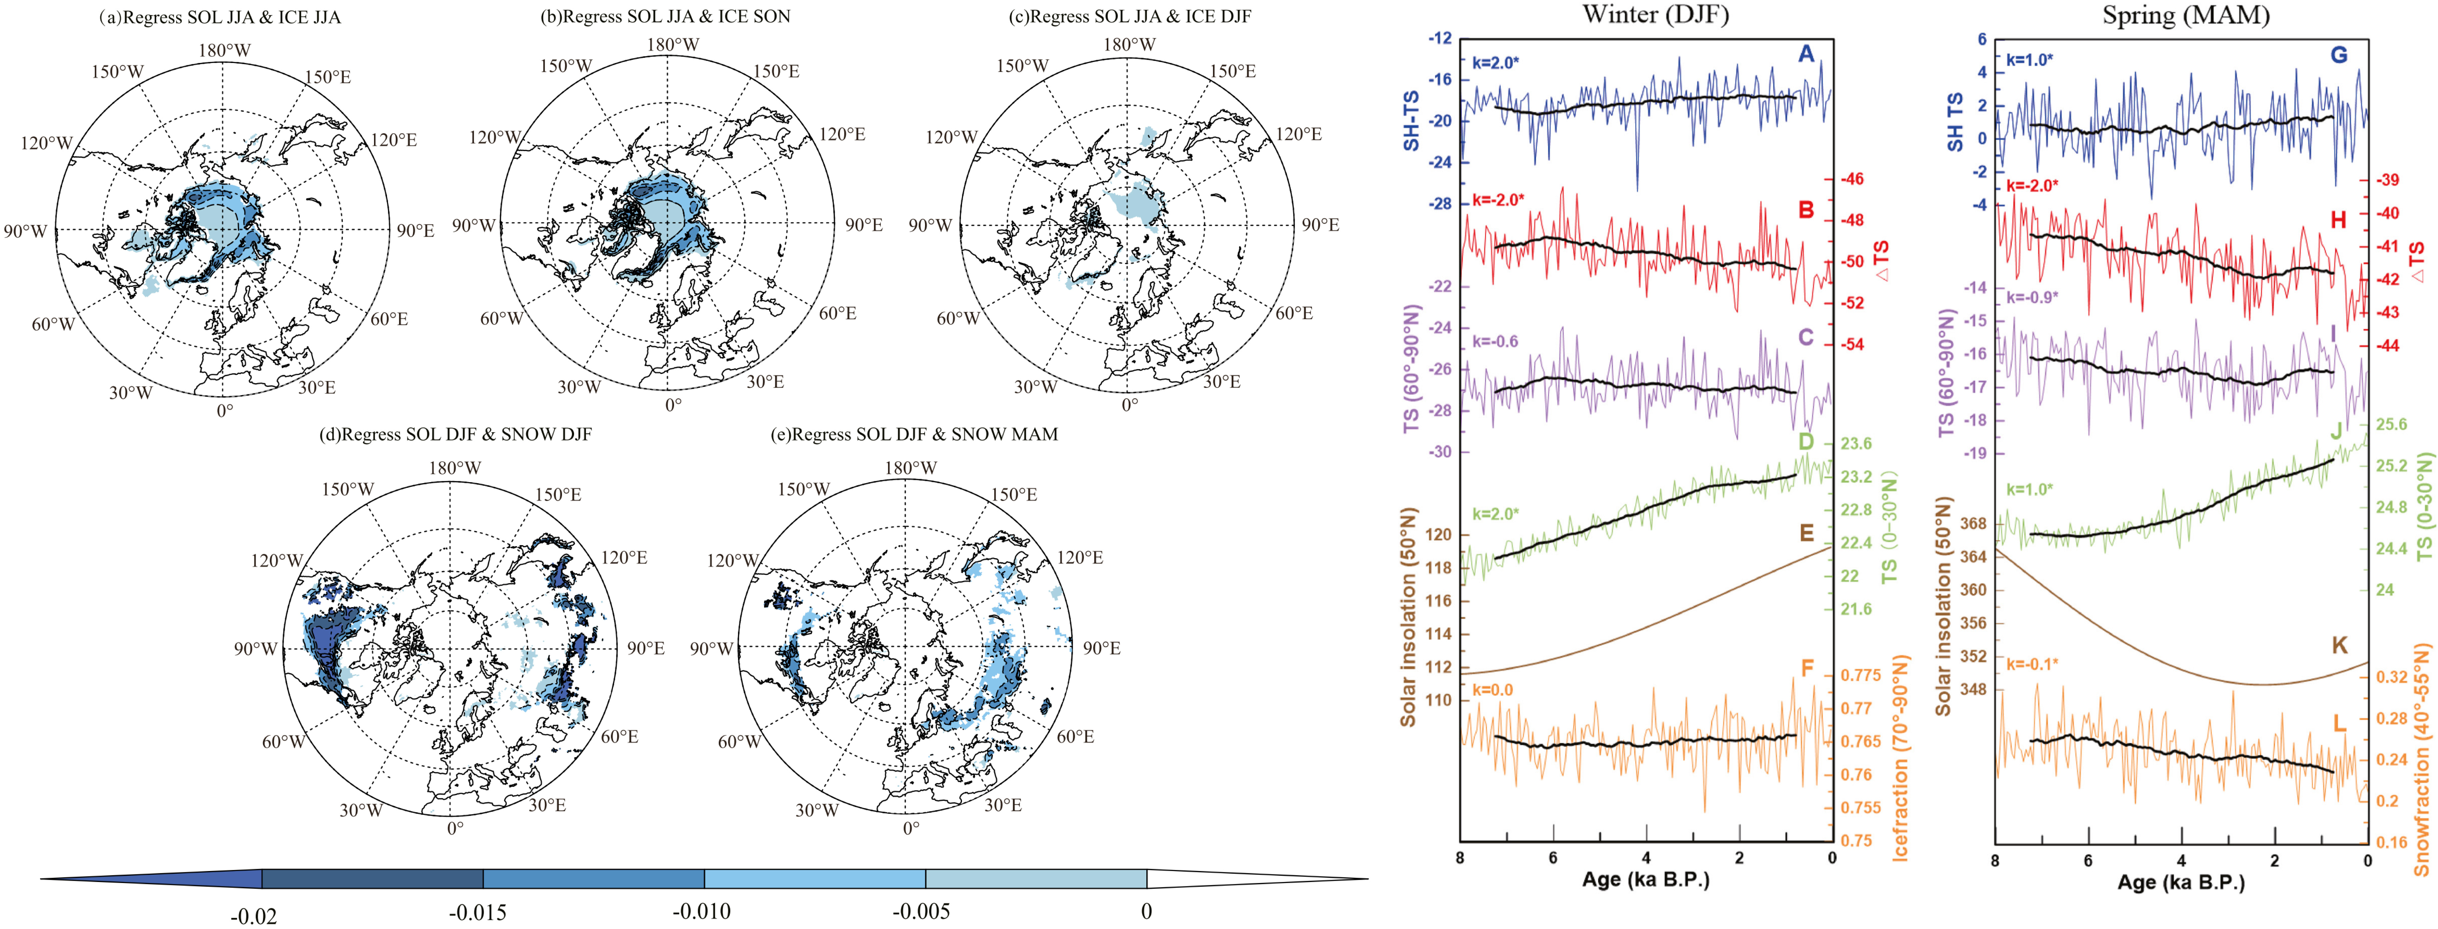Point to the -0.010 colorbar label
[x=701, y=912]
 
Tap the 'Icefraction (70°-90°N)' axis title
[x=1899, y=757]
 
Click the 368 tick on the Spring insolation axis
[x=1973, y=523]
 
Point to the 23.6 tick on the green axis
[x=1856, y=444]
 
